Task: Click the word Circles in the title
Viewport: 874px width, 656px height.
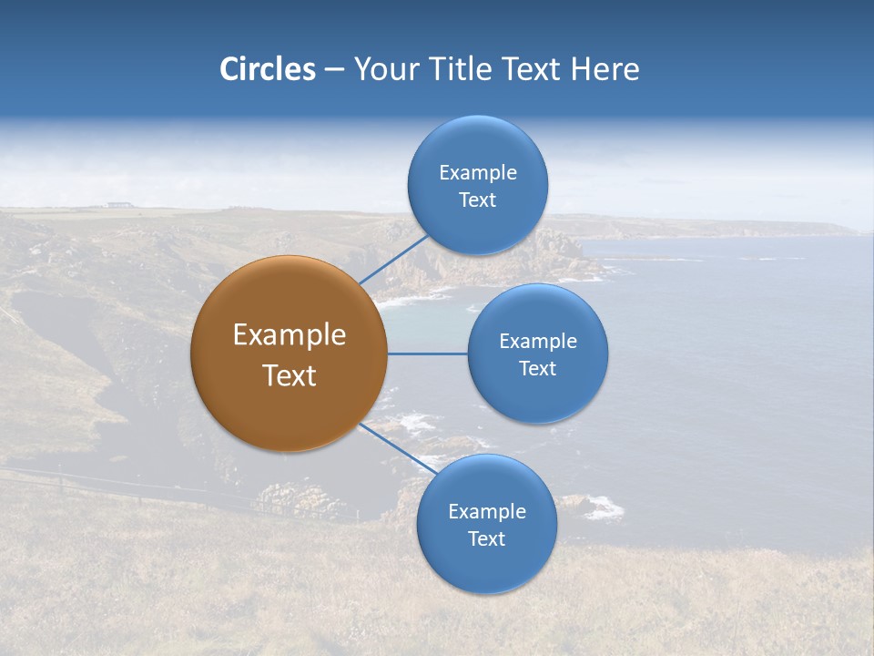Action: [x=268, y=69]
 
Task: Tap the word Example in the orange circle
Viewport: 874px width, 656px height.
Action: [x=290, y=335]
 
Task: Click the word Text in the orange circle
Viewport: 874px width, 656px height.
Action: [x=290, y=375]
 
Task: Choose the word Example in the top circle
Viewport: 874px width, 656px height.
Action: [x=478, y=173]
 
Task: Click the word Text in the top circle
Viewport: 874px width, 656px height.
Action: [x=477, y=200]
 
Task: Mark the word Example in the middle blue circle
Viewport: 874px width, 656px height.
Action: [x=538, y=342]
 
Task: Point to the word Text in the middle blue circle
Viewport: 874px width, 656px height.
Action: [x=537, y=369]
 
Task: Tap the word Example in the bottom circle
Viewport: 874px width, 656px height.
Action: [x=487, y=512]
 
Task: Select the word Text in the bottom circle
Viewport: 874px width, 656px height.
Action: [x=486, y=539]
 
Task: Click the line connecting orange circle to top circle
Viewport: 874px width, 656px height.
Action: [x=393, y=260]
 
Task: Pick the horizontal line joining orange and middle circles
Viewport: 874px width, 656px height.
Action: [x=428, y=354]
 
